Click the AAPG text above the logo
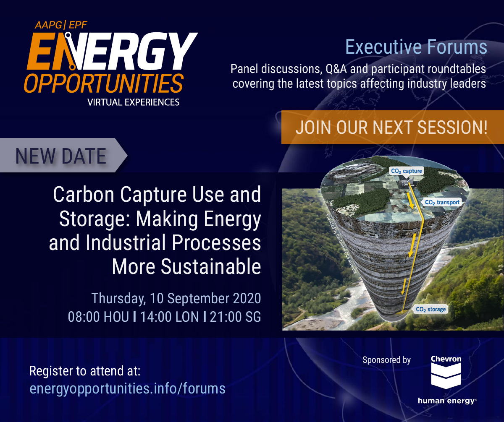coord(49,25)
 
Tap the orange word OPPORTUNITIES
coord(104,83)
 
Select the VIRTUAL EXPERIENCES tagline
coord(133,102)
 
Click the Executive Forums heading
coord(416,47)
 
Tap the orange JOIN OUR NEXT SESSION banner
coord(392,127)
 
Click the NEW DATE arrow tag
coord(63,155)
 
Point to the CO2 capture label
coord(407,171)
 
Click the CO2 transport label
coord(442,202)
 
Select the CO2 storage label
coord(430,310)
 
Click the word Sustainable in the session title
coord(211,266)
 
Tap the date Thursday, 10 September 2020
coord(176,298)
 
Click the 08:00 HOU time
coord(98,317)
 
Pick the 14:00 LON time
coord(169,317)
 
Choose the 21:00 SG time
coord(235,317)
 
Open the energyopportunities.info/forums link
coord(127,388)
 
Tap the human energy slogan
coord(447,401)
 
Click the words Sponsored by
coord(386,360)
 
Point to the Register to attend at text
coord(85,371)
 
